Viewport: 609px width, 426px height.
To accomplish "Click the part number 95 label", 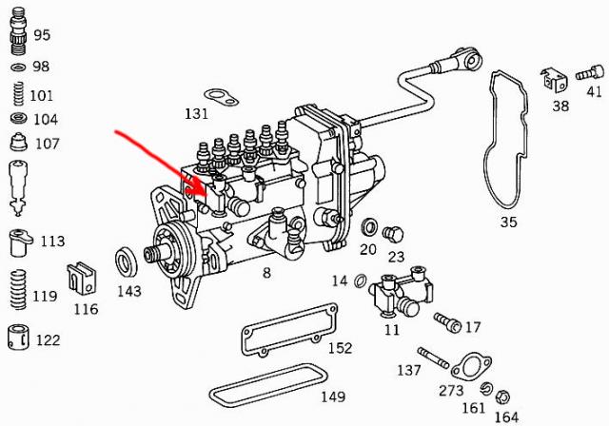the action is click(x=42, y=35).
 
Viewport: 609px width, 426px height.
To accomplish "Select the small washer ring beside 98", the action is click(x=18, y=68).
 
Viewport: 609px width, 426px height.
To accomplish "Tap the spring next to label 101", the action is click(x=18, y=93).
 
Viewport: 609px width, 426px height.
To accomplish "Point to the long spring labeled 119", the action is click(x=18, y=289).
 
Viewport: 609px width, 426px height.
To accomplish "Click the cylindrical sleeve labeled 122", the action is click(x=18, y=337).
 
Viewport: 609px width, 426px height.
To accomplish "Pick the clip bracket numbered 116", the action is click(x=81, y=278).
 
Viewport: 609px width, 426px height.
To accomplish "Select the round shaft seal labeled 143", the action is click(x=127, y=261).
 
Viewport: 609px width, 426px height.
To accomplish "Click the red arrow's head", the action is click(x=200, y=189).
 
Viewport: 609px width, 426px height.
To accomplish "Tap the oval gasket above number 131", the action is click(x=221, y=97).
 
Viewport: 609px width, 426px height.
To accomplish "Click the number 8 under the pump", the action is click(x=266, y=273).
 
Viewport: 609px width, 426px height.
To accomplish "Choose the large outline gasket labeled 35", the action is click(x=505, y=142).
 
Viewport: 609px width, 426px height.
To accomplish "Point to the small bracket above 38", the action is click(x=554, y=80).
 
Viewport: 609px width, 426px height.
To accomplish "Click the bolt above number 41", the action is click(x=590, y=72).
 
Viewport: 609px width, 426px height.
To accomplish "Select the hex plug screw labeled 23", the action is click(x=393, y=235).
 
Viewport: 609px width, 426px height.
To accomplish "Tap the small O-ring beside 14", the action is click(x=361, y=281).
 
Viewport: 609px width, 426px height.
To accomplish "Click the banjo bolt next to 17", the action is click(x=447, y=322).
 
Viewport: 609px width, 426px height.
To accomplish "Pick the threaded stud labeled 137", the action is click(x=433, y=358).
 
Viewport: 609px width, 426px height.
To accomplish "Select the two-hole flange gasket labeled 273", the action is click(x=471, y=365).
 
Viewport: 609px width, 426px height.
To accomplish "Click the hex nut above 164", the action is click(x=502, y=397).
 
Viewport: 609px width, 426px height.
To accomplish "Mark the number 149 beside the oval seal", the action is click(x=333, y=397).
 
